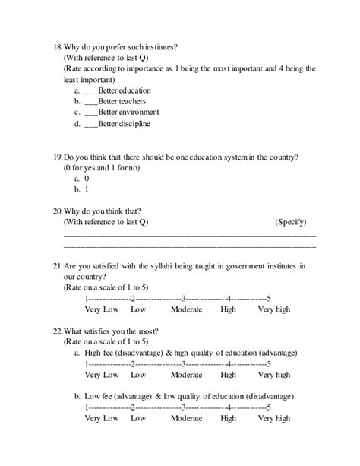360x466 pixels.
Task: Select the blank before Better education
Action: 92,90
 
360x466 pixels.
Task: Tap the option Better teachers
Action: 122,101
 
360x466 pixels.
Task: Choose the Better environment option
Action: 126,112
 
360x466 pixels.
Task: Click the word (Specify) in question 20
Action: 289,222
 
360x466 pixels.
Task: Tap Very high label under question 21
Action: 273,309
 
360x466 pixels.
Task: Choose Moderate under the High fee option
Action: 186,375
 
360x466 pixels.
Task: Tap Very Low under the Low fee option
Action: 102,418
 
